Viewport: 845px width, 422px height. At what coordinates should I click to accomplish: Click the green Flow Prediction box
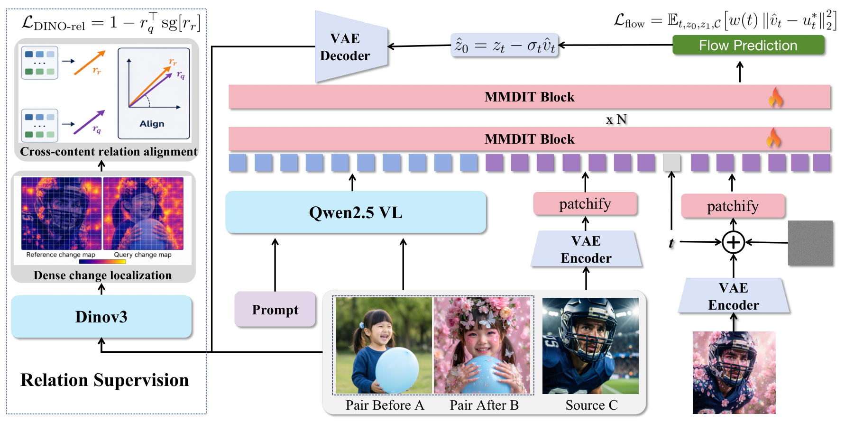748,45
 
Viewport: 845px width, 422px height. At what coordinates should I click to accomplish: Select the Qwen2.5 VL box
356,212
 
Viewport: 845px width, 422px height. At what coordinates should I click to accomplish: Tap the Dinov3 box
101,317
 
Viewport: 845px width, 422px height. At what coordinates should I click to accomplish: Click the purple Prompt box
275,310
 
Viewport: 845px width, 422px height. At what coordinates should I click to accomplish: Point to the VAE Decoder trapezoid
351,46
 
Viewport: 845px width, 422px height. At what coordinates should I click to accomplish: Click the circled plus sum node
733,242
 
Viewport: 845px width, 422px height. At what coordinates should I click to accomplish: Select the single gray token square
671,163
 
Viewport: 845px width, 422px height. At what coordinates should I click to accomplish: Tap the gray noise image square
810,243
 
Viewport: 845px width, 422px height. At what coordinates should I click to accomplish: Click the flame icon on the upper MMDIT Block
776,97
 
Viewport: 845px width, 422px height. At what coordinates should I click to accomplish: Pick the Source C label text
591,405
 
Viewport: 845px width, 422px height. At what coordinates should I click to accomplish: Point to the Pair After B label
484,405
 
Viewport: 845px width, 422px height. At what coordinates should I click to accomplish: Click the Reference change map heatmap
61,213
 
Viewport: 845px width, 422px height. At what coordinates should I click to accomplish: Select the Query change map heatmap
143,213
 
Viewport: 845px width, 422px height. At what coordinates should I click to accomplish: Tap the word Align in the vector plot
152,124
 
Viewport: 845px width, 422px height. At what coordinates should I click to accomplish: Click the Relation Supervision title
105,380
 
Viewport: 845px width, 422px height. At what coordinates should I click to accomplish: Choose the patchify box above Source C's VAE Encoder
585,204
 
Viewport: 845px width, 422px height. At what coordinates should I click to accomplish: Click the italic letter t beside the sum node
671,243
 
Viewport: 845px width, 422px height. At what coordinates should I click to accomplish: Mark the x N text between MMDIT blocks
616,119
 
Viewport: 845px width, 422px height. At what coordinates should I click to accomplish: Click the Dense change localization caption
102,275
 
